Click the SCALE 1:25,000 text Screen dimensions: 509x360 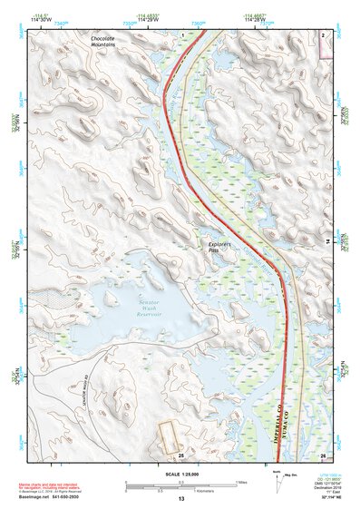(x=180, y=474)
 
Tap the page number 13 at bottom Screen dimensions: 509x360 (x=180, y=499)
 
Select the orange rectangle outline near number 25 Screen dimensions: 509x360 (x=169, y=438)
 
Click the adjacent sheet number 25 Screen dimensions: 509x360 (x=181, y=455)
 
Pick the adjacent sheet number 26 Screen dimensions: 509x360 (x=322, y=455)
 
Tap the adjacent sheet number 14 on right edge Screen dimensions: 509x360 (x=327, y=242)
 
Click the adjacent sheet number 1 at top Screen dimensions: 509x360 (x=182, y=33)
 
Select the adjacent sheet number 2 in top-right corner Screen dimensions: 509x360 (x=323, y=33)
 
